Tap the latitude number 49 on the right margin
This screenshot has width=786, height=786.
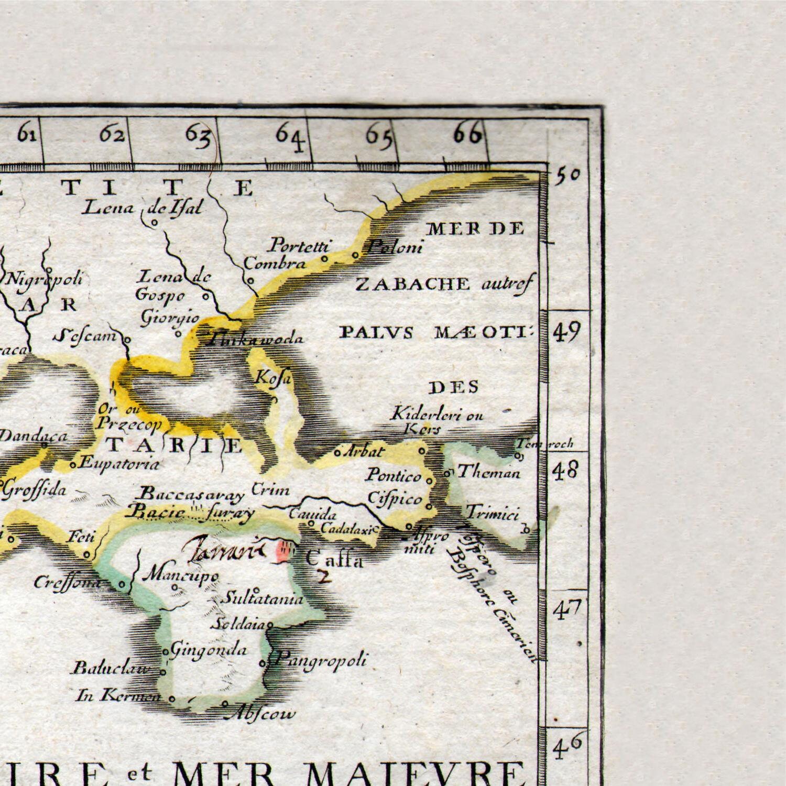(567, 332)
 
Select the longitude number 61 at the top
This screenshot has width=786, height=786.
(27, 135)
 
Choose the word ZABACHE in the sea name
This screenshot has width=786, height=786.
(413, 284)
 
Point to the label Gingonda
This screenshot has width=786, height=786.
(209, 650)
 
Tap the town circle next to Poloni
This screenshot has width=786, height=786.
(355, 255)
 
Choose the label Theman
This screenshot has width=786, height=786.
(489, 473)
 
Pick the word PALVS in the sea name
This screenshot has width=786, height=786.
(377, 333)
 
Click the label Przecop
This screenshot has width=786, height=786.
(129, 424)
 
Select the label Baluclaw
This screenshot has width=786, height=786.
(111, 669)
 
